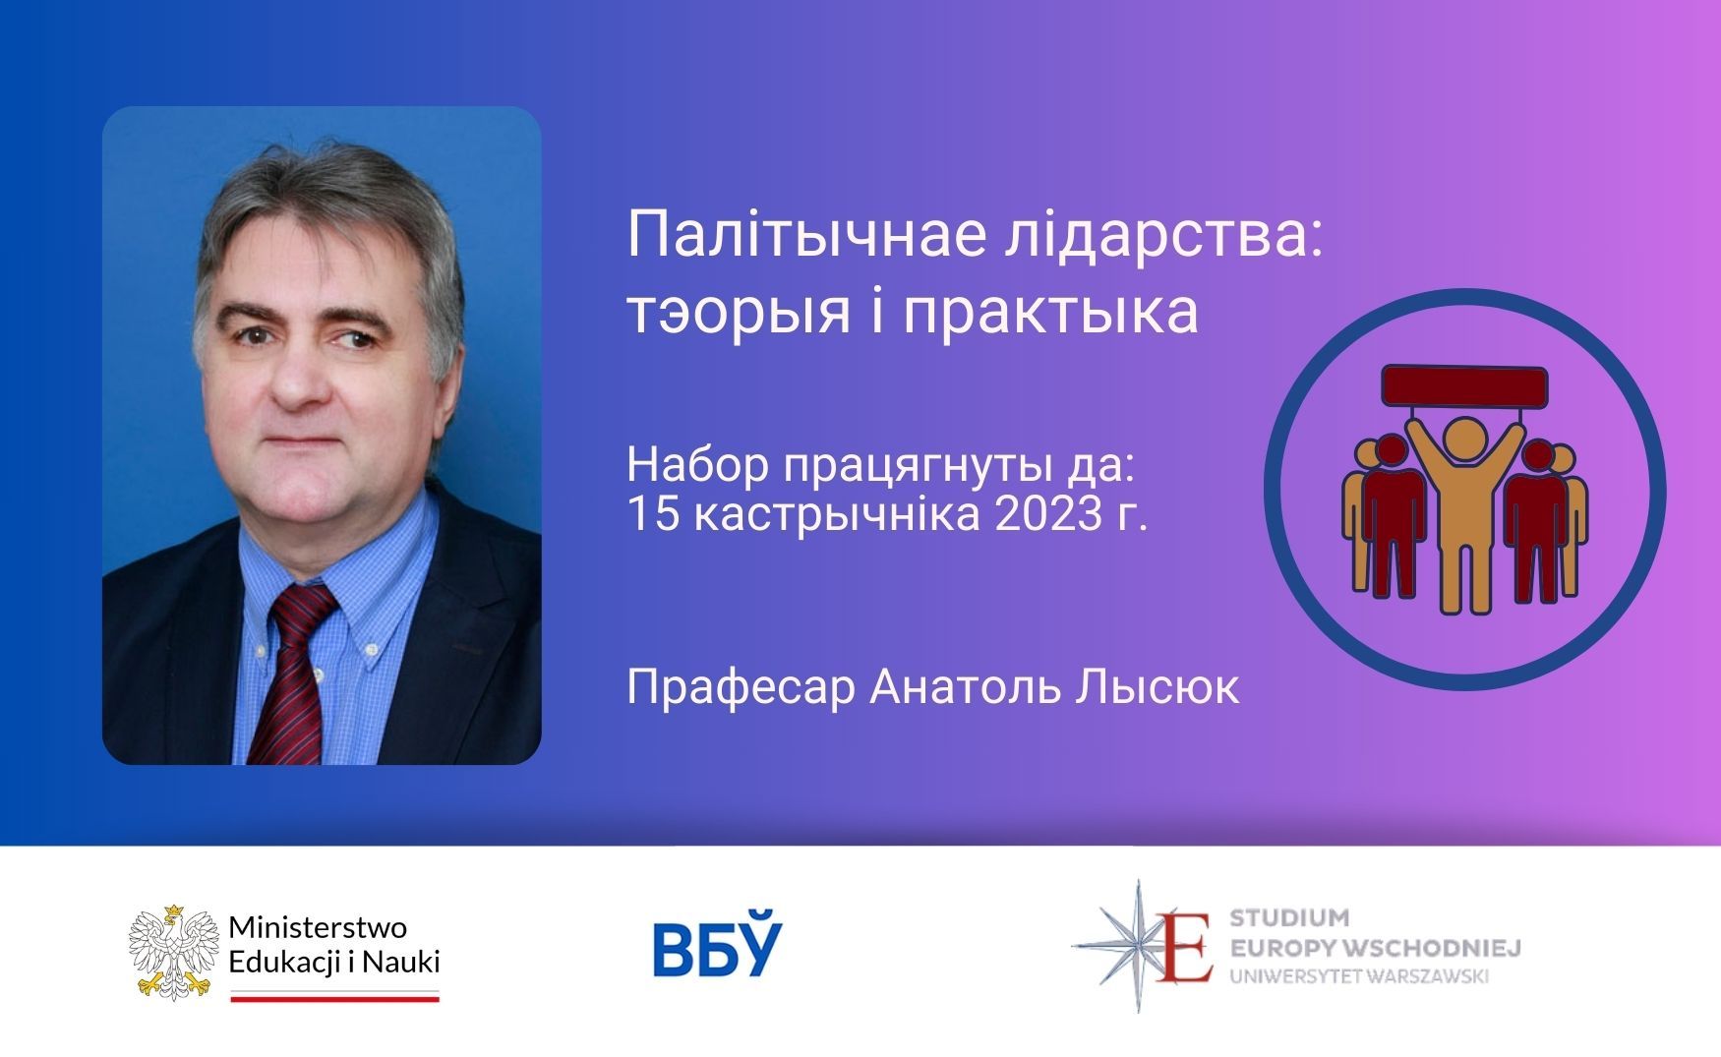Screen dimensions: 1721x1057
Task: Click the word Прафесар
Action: coord(741,688)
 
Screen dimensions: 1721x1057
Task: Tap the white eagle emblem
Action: coord(173,950)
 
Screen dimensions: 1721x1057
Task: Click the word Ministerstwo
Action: coord(318,927)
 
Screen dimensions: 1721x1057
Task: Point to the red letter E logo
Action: coord(1185,946)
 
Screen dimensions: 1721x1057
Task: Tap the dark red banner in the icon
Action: coord(1464,385)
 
